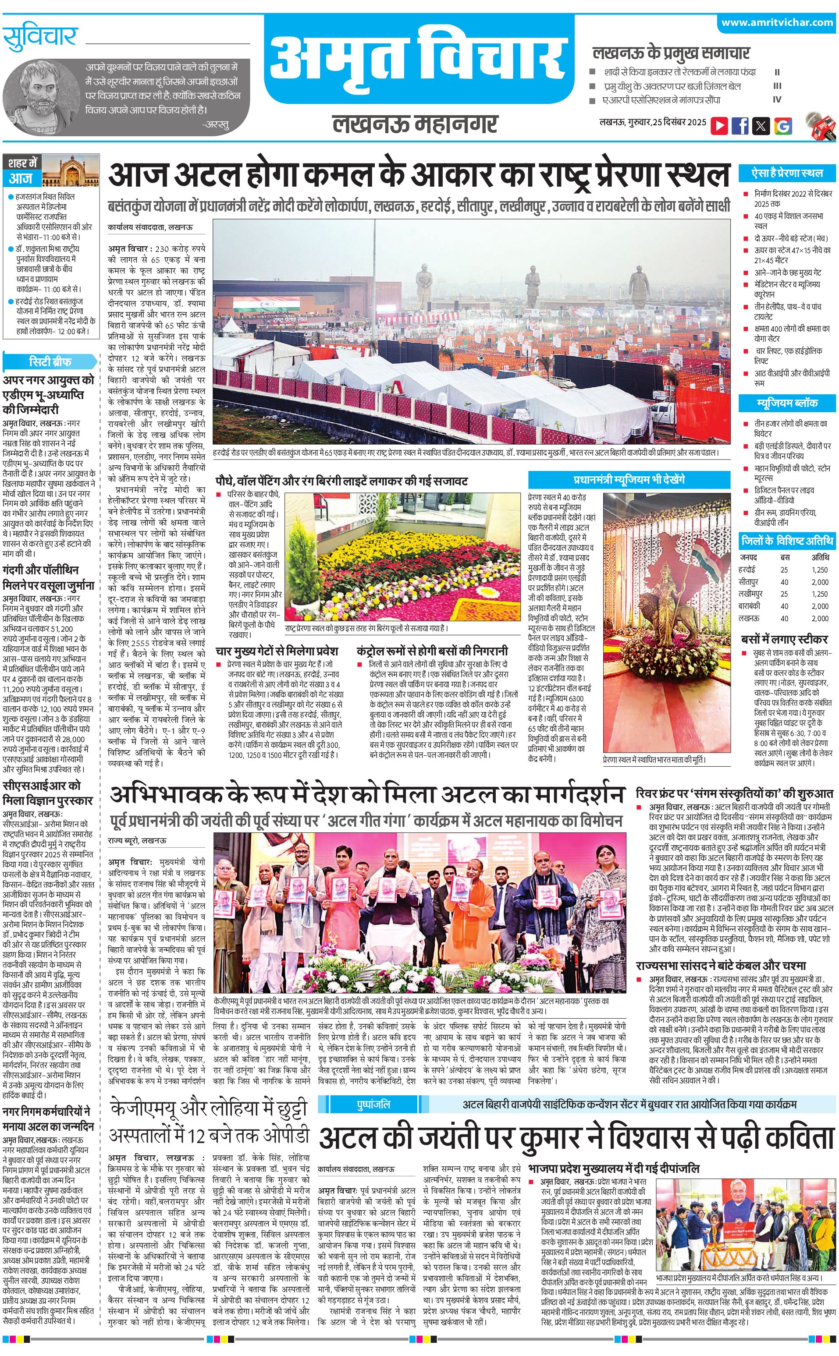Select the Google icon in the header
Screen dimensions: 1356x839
click(x=782, y=125)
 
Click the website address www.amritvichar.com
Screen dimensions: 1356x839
click(x=777, y=23)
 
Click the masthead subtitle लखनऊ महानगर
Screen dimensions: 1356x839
click(x=415, y=124)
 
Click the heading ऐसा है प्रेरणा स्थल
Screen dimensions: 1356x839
click(x=787, y=173)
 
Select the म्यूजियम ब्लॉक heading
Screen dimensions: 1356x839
click(x=787, y=403)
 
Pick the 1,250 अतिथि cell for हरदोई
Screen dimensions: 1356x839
click(x=820, y=570)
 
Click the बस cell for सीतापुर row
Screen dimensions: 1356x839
click(x=784, y=582)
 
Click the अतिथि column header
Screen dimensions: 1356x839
click(x=820, y=557)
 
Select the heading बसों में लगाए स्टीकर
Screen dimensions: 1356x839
click(x=784, y=639)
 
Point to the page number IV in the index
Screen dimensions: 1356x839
click(x=777, y=100)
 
